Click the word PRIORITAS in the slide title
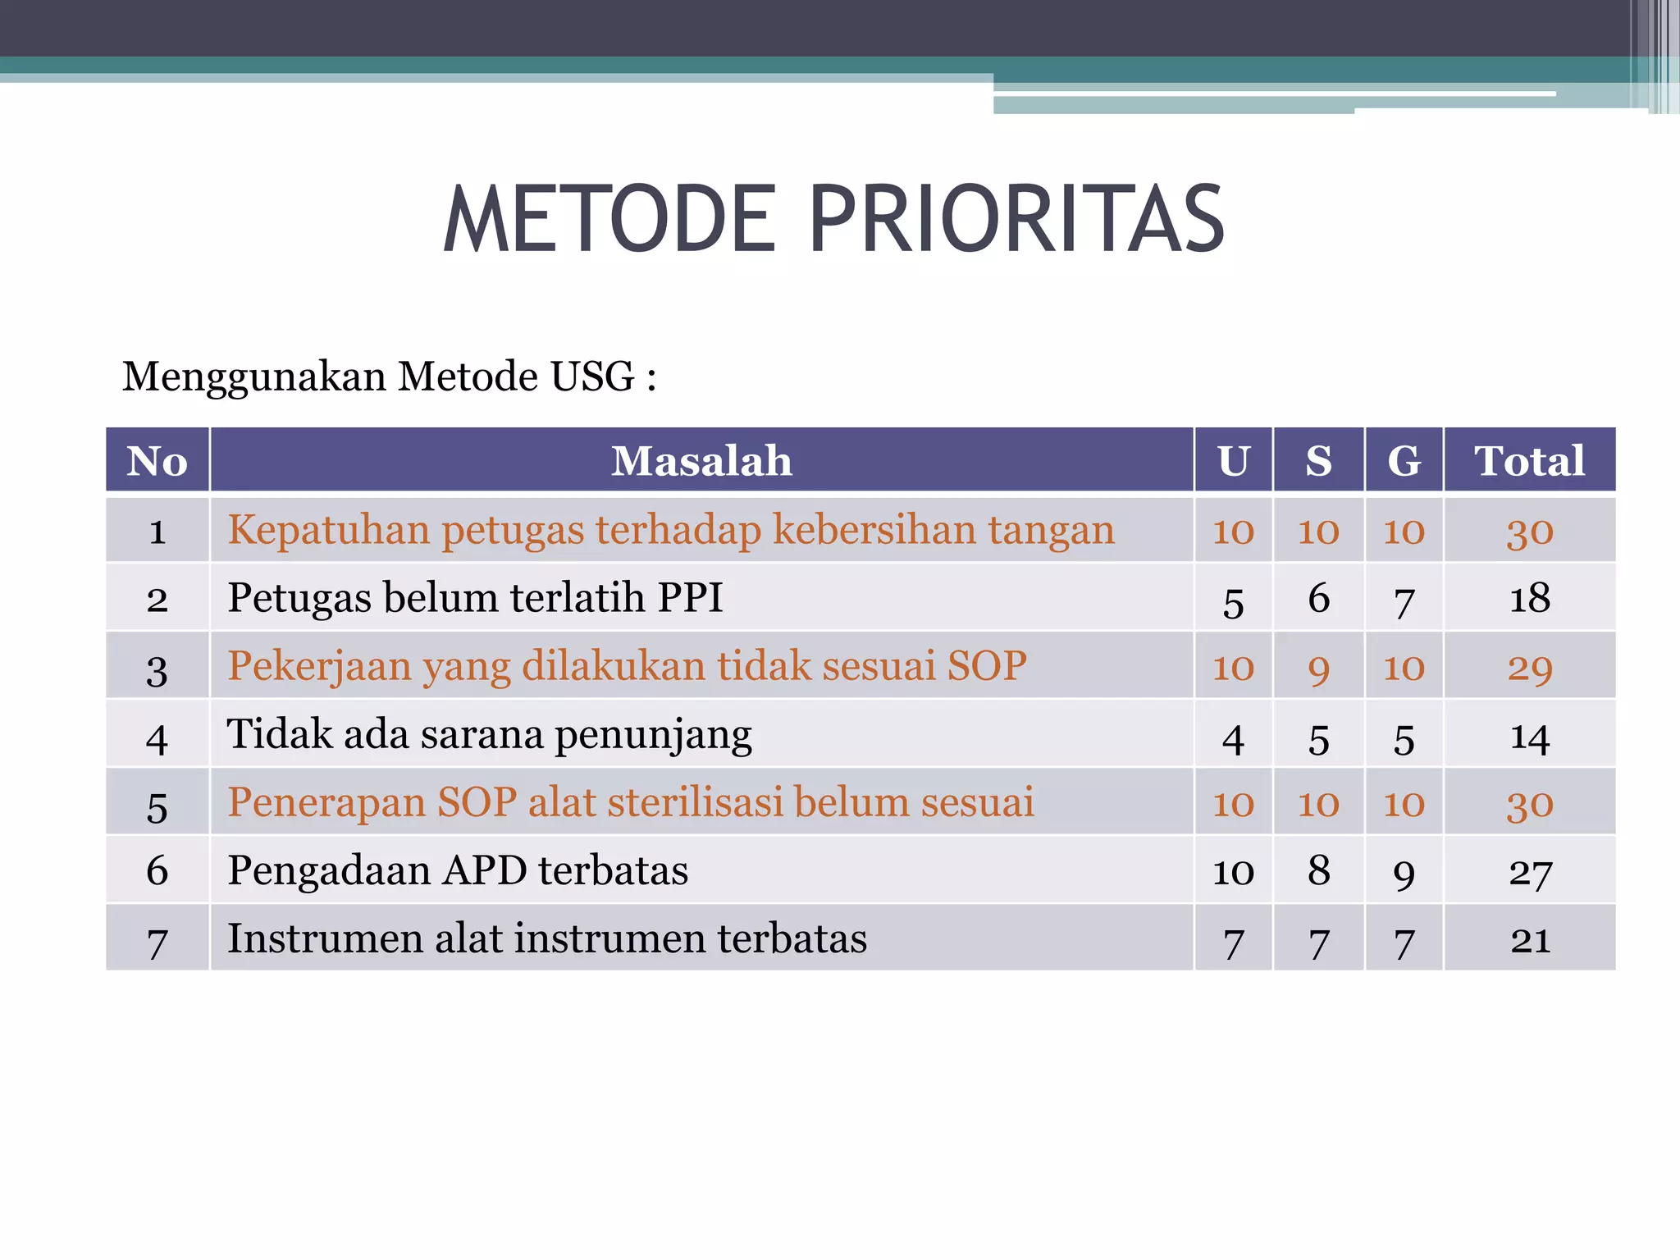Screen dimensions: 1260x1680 [1017, 220]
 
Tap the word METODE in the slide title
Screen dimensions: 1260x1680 [609, 220]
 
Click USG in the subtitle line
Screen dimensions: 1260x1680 [591, 377]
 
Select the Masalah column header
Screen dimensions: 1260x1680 [701, 460]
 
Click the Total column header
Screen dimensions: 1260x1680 [1529, 460]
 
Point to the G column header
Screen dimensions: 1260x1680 [1404, 460]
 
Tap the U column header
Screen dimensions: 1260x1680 [1233, 460]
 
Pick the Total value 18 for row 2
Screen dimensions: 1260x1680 [1529, 598]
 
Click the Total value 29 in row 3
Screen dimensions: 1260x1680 [1529, 668]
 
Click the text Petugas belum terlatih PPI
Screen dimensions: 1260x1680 [475, 597]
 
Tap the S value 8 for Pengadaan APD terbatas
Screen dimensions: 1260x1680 [1318, 870]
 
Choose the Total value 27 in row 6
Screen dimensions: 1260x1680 [1529, 872]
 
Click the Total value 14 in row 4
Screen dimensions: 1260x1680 [1529, 737]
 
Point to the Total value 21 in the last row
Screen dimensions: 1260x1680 [1529, 940]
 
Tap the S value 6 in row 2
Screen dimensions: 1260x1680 [1318, 598]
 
